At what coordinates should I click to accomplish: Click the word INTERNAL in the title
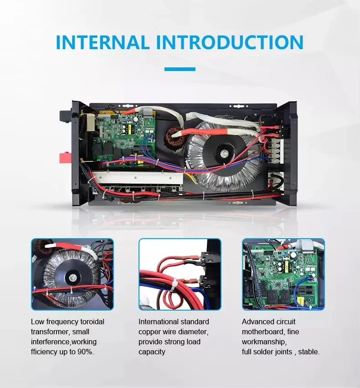click(102, 42)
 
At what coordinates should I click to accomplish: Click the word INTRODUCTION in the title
click(230, 42)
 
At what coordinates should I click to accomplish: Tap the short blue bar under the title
click(180, 69)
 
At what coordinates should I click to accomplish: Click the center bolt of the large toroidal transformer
click(224, 153)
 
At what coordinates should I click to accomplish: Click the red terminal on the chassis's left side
click(65, 158)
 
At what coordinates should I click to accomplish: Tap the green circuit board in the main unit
click(124, 138)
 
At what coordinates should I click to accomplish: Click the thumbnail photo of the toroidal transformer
click(72, 274)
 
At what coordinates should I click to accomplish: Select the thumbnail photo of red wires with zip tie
click(180, 274)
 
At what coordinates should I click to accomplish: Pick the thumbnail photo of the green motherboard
click(283, 274)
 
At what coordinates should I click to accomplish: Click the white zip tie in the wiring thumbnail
click(174, 285)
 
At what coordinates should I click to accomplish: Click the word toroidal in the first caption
click(92, 322)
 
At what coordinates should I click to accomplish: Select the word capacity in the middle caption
click(152, 352)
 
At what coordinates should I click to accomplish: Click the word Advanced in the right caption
click(256, 322)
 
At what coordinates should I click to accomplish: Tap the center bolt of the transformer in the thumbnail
click(72, 278)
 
